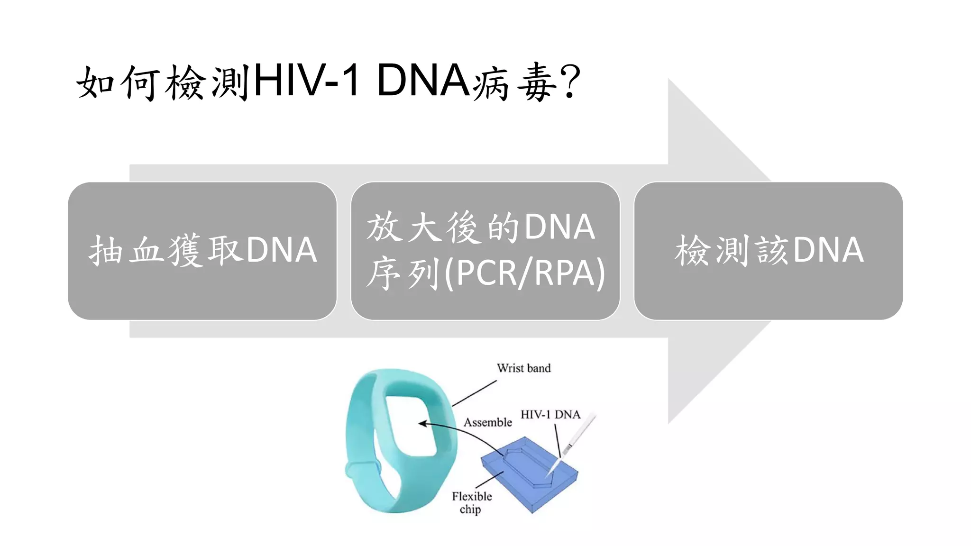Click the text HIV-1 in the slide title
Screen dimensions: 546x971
pos(306,82)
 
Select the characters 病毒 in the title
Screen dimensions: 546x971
pos(514,83)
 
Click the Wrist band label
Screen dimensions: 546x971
pos(523,368)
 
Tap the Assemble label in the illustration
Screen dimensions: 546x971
pos(487,422)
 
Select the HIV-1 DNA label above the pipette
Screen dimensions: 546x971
pos(550,415)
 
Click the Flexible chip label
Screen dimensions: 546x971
pos(471,502)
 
